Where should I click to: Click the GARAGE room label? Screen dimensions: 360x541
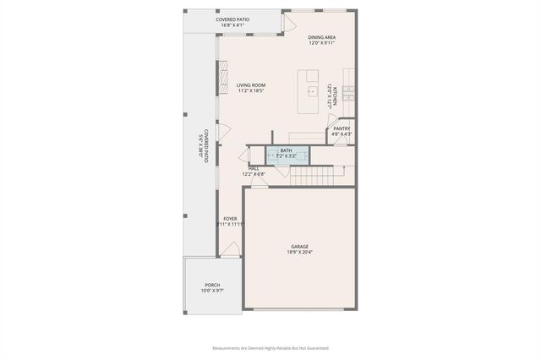pyautogui.click(x=299, y=246)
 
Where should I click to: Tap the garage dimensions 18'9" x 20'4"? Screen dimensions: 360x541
pyautogui.click(x=299, y=252)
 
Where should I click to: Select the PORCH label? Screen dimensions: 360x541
pyautogui.click(x=212, y=285)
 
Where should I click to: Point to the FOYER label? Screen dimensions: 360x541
pyautogui.click(x=230, y=218)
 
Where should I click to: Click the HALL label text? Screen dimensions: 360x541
pyautogui.click(x=254, y=168)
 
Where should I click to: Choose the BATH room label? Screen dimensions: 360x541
pyautogui.click(x=287, y=150)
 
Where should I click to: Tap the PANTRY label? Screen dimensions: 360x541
pyautogui.click(x=342, y=128)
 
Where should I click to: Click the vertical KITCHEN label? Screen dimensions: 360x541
pyautogui.click(x=335, y=95)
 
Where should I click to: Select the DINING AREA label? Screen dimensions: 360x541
pyautogui.click(x=322, y=37)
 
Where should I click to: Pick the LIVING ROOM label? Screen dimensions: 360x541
pyautogui.click(x=251, y=85)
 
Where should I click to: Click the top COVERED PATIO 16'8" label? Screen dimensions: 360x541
pyautogui.click(x=232, y=19)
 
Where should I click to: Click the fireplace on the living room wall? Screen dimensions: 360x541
pyautogui.click(x=223, y=83)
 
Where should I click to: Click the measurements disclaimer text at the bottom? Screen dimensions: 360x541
pyautogui.click(x=270, y=347)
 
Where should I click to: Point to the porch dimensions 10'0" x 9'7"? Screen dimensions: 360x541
pyautogui.click(x=212, y=291)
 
